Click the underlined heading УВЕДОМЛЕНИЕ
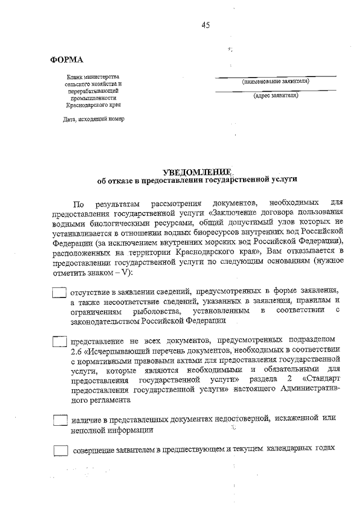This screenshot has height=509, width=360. (197, 171)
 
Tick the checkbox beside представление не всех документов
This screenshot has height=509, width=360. (60, 341)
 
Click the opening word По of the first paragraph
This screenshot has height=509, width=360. (78, 201)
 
